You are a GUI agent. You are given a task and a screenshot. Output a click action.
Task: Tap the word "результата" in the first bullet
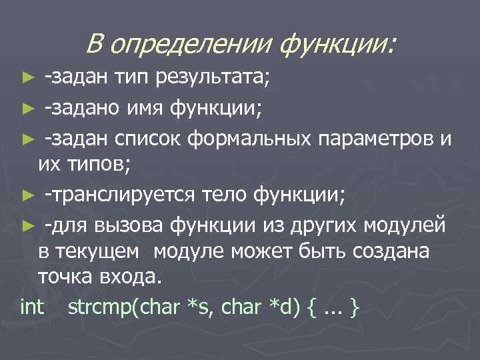213,80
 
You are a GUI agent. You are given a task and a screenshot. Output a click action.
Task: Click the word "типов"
95,166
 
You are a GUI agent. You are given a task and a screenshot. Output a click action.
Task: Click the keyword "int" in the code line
32,307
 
